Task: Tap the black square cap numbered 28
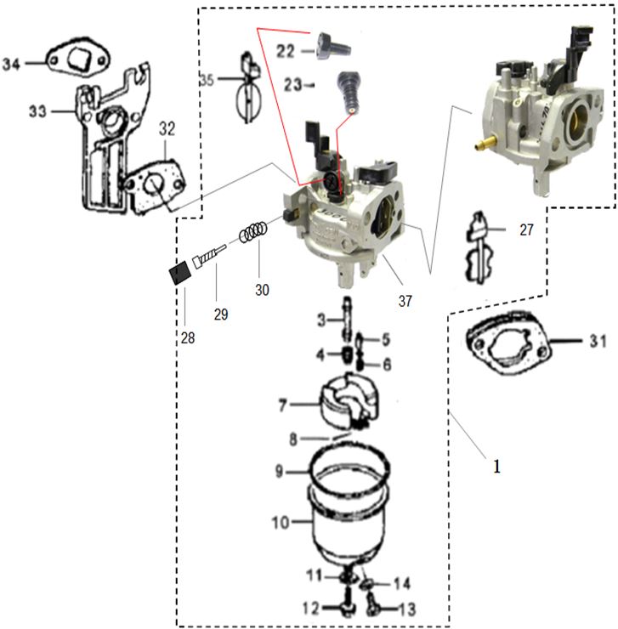click(x=179, y=275)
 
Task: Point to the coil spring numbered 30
click(x=254, y=232)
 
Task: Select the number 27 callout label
click(x=526, y=229)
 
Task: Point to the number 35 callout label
click(x=207, y=79)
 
